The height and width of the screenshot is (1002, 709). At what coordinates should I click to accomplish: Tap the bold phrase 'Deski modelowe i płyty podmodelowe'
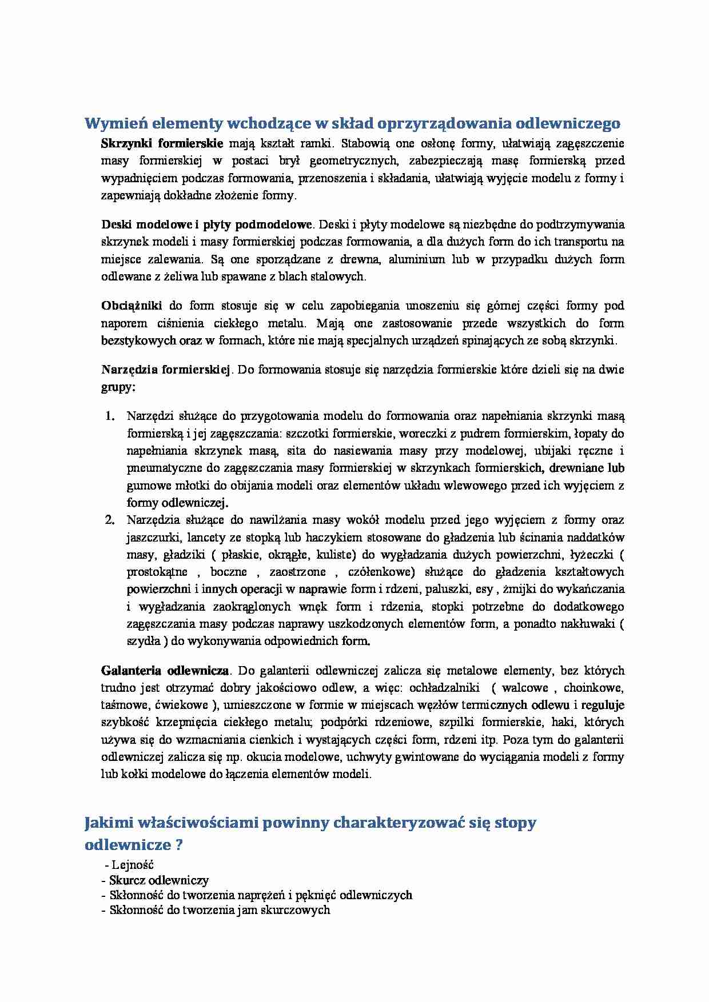[x=207, y=224]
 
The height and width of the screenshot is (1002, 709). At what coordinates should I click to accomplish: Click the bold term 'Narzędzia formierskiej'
[x=165, y=369]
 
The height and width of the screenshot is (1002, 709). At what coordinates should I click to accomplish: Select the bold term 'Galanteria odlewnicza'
[x=165, y=670]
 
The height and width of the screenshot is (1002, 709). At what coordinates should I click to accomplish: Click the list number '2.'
[x=111, y=520]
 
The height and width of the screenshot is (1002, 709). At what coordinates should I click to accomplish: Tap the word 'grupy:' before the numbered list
[x=118, y=387]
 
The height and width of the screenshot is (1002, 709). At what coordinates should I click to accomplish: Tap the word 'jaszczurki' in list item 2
[x=151, y=537]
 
